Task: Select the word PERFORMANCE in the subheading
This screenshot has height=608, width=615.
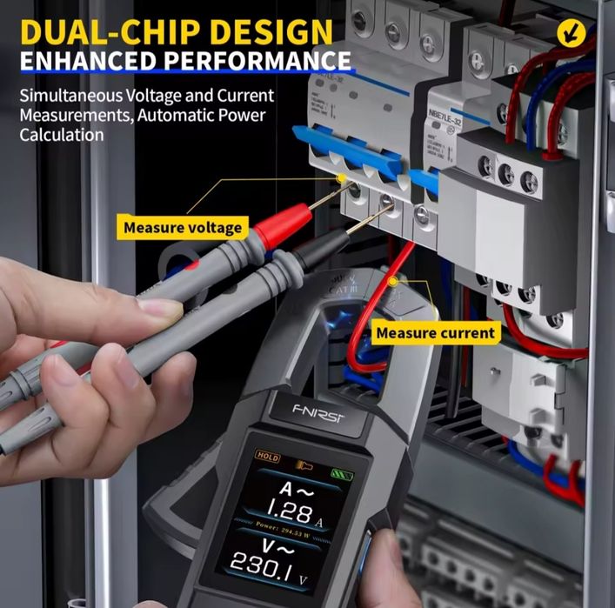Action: [x=252, y=63]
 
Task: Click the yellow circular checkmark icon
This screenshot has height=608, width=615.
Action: [x=570, y=33]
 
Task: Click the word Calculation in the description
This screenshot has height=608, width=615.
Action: [x=61, y=135]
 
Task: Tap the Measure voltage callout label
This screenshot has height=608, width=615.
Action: [x=182, y=228]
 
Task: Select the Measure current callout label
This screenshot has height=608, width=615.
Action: [x=435, y=332]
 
